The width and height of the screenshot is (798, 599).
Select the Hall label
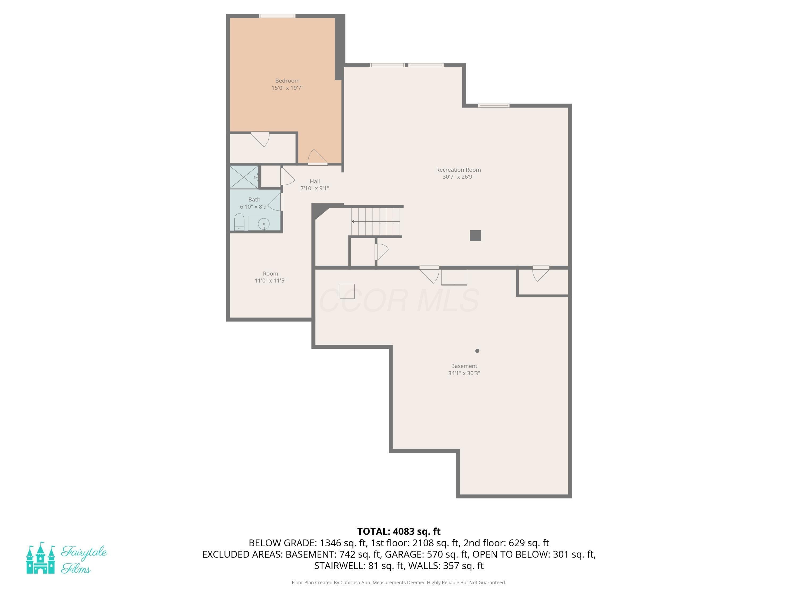[315, 181]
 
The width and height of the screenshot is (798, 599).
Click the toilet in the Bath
[239, 222]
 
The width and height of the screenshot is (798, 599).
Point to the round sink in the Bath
[264, 224]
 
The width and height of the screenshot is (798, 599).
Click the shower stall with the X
[244, 177]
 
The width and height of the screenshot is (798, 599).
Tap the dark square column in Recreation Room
[475, 235]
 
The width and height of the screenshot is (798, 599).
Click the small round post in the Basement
[477, 351]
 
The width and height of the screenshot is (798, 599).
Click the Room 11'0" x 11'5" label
[270, 277]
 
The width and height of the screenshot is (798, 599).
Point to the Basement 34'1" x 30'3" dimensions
[464, 373]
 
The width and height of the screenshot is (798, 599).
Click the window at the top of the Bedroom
[277, 16]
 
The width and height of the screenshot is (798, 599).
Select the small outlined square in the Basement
[347, 291]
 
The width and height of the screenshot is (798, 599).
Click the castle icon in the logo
[40, 559]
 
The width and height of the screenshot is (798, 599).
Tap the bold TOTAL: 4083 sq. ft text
[399, 531]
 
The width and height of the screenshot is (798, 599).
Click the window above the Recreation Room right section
[493, 105]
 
